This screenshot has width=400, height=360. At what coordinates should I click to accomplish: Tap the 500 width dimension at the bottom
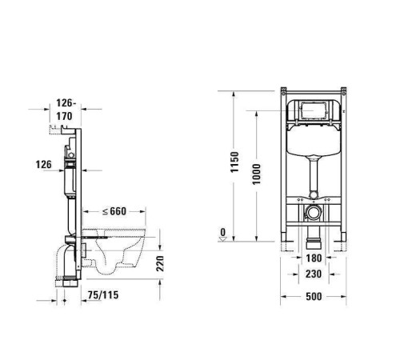click(314, 295)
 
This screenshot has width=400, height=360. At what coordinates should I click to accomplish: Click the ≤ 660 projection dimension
click(115, 211)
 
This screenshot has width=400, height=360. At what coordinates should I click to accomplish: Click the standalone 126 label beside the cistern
click(44, 164)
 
